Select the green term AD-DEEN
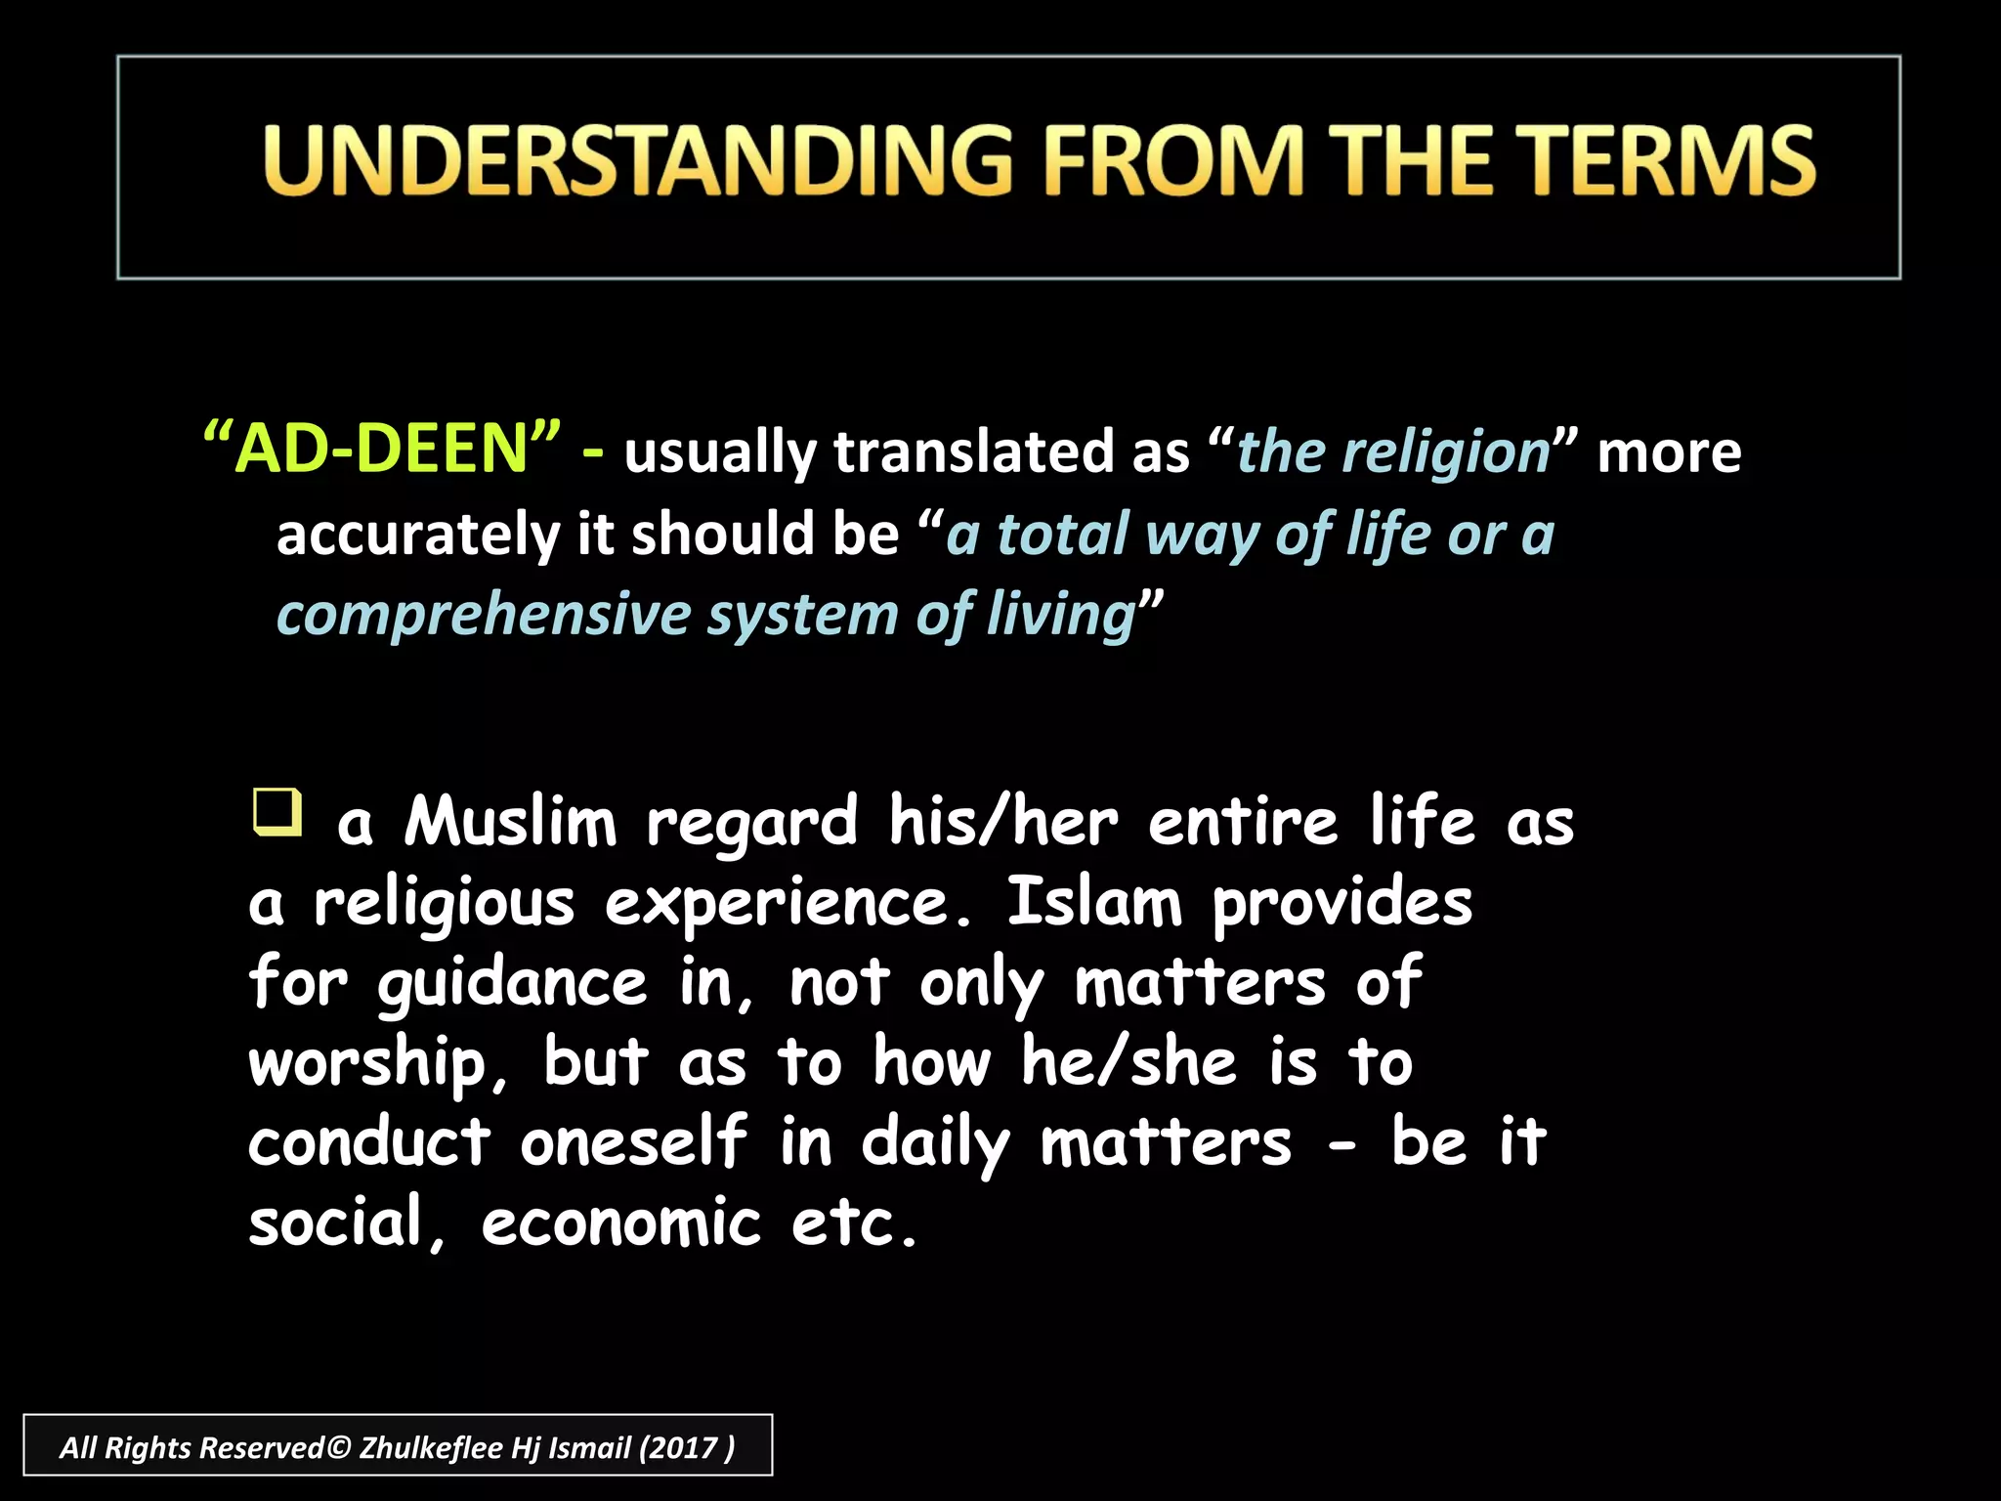(382, 449)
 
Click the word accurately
(418, 535)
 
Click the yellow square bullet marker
(277, 812)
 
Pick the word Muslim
(511, 822)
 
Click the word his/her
(1002, 822)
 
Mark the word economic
(620, 1222)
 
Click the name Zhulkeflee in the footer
(431, 1447)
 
